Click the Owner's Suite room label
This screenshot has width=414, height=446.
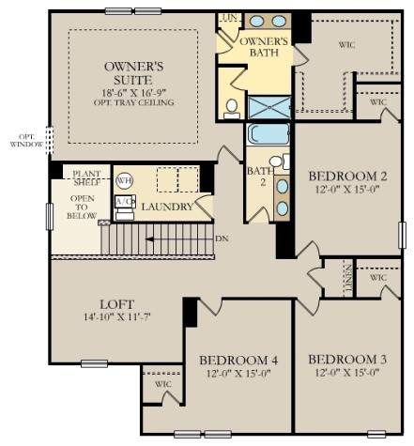coord(134,73)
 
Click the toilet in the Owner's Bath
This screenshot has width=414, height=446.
coord(232,108)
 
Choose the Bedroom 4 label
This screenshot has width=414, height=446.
coord(239,360)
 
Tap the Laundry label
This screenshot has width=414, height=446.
coord(167,207)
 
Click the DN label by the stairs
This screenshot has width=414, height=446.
coord(222,238)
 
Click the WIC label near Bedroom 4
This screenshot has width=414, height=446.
coord(162,384)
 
